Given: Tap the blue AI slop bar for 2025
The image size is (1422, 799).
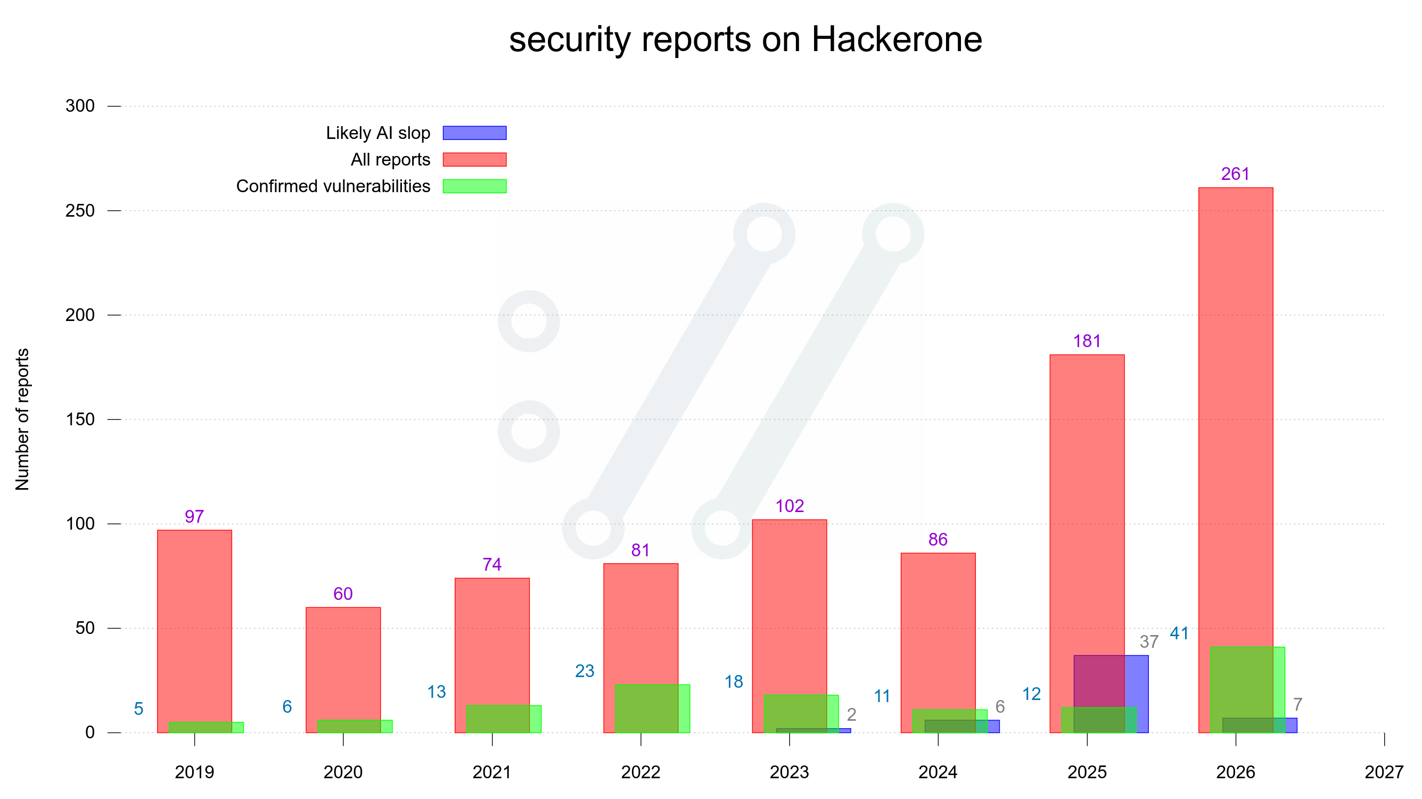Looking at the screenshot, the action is pos(1111,694).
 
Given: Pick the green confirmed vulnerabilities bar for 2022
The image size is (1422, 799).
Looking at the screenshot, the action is pos(653,709).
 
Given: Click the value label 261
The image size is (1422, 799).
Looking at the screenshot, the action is pos(1236,174).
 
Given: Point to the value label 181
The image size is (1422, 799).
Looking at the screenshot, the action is pos(1087,341).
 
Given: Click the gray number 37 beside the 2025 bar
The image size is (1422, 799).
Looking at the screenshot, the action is pos(1149,642).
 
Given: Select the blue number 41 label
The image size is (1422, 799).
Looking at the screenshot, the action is pos(1179,633).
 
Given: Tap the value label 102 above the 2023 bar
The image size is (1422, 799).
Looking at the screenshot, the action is pos(790,506).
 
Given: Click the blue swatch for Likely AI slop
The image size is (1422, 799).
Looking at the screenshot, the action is pos(475,133).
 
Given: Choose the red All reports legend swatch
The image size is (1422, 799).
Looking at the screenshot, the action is pos(475,160).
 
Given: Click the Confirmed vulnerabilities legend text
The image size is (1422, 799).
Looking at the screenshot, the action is pos(333,186).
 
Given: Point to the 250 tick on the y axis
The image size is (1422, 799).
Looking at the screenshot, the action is pos(80,210).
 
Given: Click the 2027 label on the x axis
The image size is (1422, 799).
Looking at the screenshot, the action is pos(1384,772).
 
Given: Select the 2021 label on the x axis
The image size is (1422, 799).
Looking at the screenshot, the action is pos(492,772).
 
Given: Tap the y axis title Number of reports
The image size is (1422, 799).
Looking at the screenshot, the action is pos(22,419).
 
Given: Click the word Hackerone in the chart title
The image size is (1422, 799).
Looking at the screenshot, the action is pos(897,40).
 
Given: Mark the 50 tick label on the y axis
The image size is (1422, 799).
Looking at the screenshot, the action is pos(85,628).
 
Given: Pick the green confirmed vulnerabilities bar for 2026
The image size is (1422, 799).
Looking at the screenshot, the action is pos(1247,690).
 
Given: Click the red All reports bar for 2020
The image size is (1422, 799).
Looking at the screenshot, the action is pos(343,670).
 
